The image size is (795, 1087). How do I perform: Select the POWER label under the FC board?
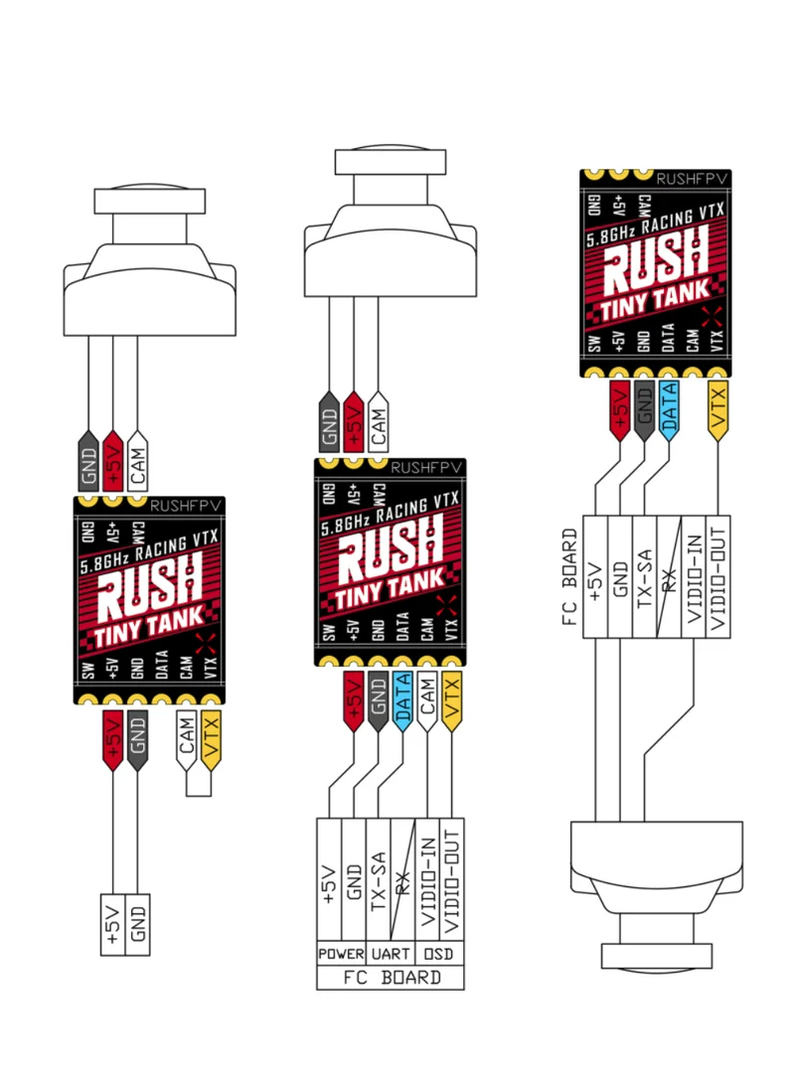click(x=341, y=954)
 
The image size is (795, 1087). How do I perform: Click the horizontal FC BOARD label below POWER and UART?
click(x=391, y=978)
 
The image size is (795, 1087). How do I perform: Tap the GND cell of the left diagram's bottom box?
click(x=138, y=924)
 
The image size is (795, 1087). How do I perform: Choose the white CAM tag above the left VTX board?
click(x=139, y=460)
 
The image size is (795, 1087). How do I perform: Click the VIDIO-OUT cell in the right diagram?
click(x=719, y=575)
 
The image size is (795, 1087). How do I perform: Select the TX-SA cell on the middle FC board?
click(x=378, y=874)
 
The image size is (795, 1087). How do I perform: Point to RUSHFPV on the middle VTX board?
click(x=427, y=467)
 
